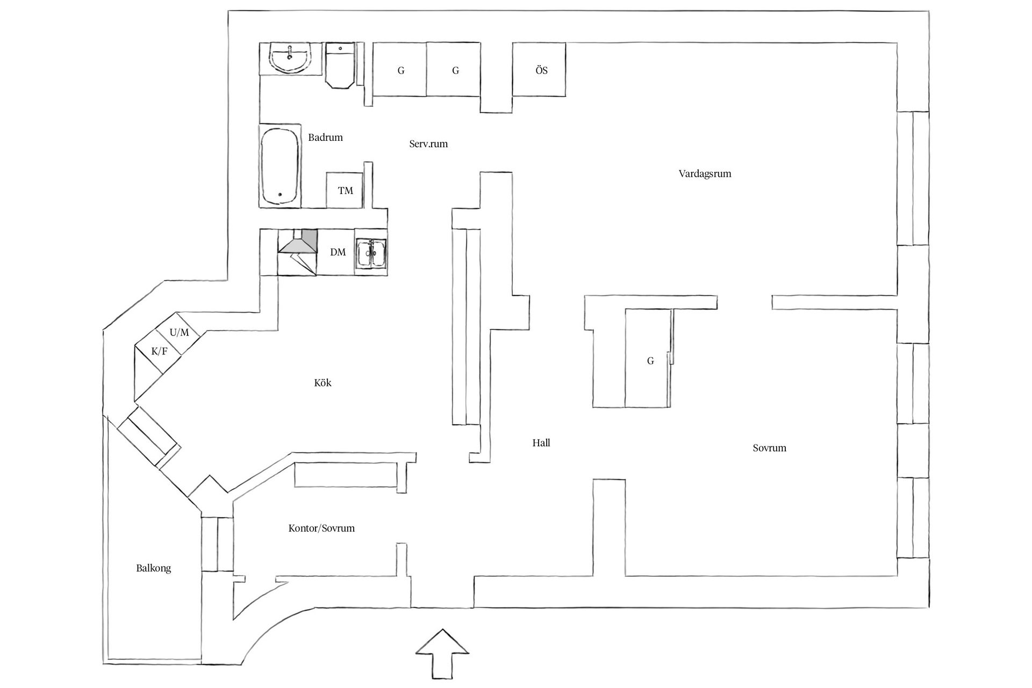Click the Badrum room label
click(x=325, y=138)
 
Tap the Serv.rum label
click(x=428, y=144)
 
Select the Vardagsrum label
click(x=705, y=174)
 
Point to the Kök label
click(x=322, y=383)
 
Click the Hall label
click(x=541, y=443)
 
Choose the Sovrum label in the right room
click(x=769, y=448)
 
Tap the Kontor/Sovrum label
click(x=321, y=528)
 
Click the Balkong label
click(x=153, y=568)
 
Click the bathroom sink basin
click(x=290, y=58)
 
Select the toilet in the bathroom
click(x=340, y=67)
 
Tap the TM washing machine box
click(x=345, y=190)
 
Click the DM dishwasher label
click(x=338, y=252)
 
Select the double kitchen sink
click(x=371, y=253)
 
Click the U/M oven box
click(x=180, y=333)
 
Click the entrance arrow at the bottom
click(x=442, y=653)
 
